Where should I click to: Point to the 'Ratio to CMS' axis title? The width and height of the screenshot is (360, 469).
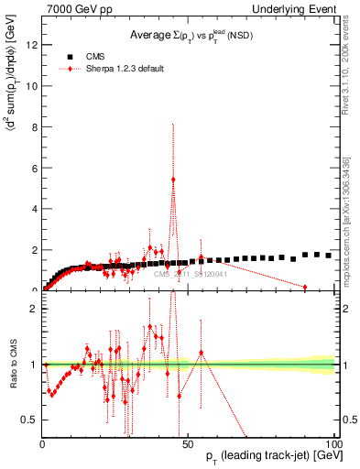13,365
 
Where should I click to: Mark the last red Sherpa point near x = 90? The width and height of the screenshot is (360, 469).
305,287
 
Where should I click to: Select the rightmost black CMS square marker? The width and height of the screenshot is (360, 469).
329,256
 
